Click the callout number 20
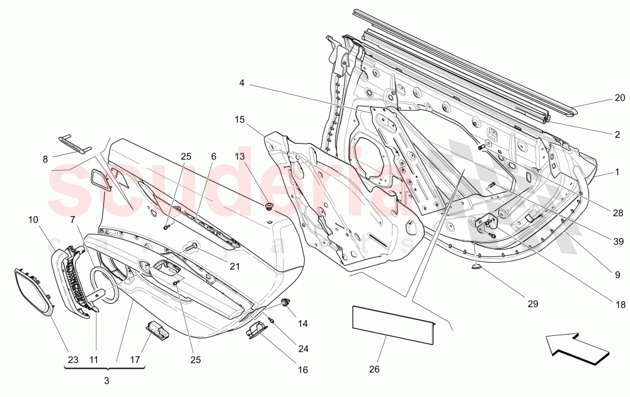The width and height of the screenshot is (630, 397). (x=620, y=98)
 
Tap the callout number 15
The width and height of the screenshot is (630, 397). (x=239, y=120)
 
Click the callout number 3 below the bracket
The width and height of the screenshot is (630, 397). (x=106, y=381)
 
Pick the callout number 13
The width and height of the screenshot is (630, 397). (x=239, y=156)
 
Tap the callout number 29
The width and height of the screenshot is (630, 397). (x=533, y=304)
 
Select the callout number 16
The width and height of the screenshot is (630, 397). (x=303, y=370)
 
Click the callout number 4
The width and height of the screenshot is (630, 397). (x=242, y=83)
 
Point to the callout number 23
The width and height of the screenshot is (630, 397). (x=73, y=360)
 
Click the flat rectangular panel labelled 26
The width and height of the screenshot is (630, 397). (x=393, y=323)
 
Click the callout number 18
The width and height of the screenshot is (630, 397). (x=620, y=304)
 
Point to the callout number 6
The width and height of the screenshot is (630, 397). (x=214, y=156)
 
